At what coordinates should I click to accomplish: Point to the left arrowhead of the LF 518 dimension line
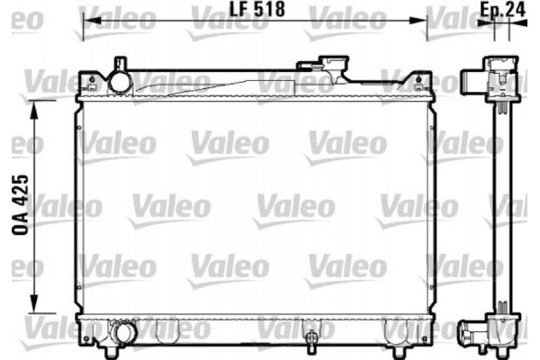(x=86, y=22)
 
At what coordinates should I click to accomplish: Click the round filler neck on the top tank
(x=120, y=79)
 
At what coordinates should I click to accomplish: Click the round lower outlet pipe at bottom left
(x=122, y=334)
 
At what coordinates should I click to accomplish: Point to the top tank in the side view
(x=493, y=78)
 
